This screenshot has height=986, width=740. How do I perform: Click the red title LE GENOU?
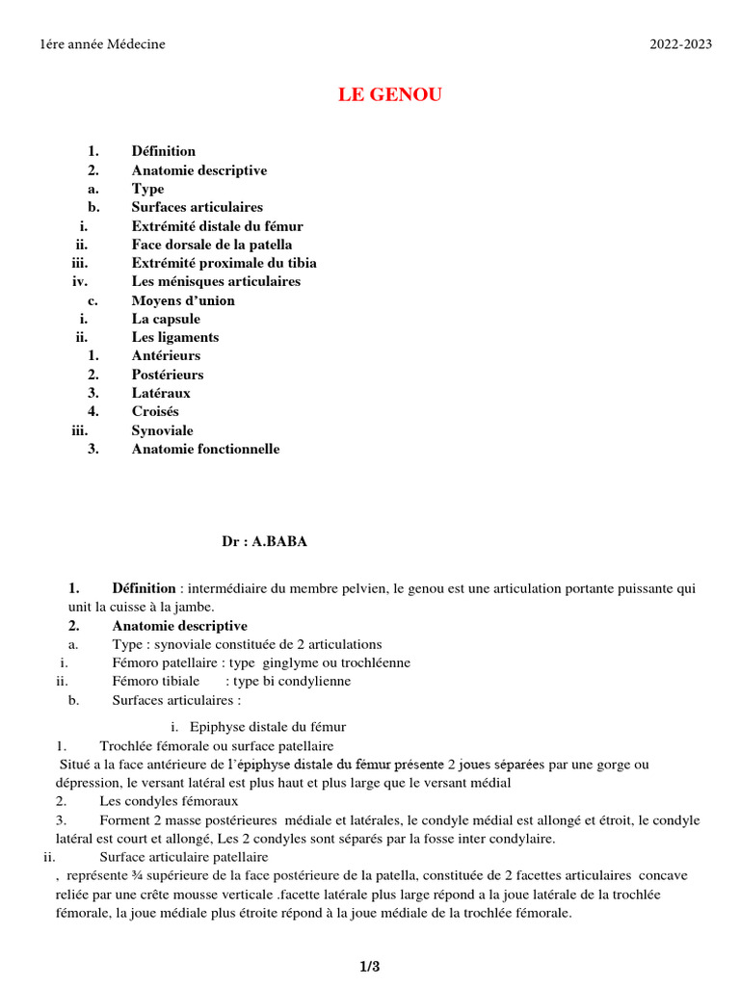tap(389, 94)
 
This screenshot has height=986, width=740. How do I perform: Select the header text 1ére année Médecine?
tap(103, 44)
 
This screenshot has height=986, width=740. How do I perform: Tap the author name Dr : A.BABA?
tap(265, 541)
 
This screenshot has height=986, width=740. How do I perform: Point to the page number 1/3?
tap(370, 966)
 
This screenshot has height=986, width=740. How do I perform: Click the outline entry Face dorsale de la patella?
tap(212, 245)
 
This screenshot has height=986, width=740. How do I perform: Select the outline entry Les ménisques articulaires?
tap(216, 281)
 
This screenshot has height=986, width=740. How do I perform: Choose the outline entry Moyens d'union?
tap(183, 300)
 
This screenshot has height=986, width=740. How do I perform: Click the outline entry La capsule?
tap(166, 319)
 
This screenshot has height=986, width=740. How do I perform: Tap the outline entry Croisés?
tap(155, 411)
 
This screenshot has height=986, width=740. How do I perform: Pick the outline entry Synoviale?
tap(162, 430)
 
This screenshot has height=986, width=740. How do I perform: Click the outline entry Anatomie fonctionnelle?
tap(205, 449)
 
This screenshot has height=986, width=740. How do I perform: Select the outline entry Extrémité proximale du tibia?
tap(224, 263)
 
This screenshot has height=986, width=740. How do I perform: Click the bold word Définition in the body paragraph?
tap(144, 588)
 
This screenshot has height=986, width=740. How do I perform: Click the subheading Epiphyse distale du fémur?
tap(268, 727)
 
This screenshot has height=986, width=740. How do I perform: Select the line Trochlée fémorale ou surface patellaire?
tap(217, 745)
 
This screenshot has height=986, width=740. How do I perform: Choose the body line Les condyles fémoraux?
tap(169, 801)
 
